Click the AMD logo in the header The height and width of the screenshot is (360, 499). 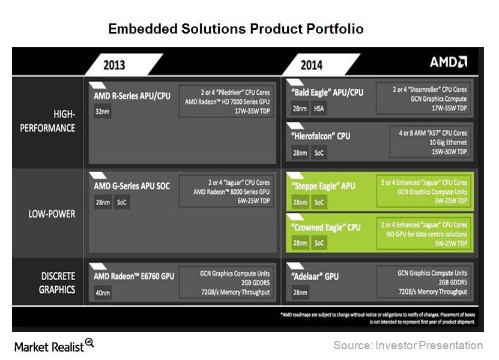click(x=449, y=62)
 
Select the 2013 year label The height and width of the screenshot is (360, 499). click(x=114, y=65)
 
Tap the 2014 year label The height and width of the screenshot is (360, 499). click(x=312, y=65)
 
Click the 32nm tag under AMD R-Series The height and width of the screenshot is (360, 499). click(x=103, y=112)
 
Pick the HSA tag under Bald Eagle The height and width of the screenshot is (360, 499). click(x=319, y=109)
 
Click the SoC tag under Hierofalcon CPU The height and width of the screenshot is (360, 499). click(x=319, y=153)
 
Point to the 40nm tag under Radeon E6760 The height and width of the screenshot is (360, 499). click(x=103, y=293)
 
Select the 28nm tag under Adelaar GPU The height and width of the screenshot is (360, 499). click(x=300, y=292)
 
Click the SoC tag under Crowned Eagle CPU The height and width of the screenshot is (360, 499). click(x=319, y=243)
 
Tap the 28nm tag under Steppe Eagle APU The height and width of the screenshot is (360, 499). click(x=300, y=203)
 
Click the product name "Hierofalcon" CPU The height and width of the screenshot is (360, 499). click(x=321, y=136)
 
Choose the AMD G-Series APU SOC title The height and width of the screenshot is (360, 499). click(x=132, y=186)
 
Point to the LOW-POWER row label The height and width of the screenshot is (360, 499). click(x=52, y=214)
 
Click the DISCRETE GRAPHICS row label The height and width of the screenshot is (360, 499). click(x=57, y=283)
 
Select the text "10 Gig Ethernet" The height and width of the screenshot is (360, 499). click(x=448, y=142)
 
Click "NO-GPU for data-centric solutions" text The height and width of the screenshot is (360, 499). click(x=426, y=235)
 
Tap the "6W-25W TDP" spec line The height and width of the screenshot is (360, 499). click(x=253, y=201)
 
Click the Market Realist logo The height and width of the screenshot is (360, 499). click(x=54, y=346)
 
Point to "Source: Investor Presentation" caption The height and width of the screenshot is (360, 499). click(x=408, y=346)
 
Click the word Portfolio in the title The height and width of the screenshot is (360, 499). click(x=335, y=29)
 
